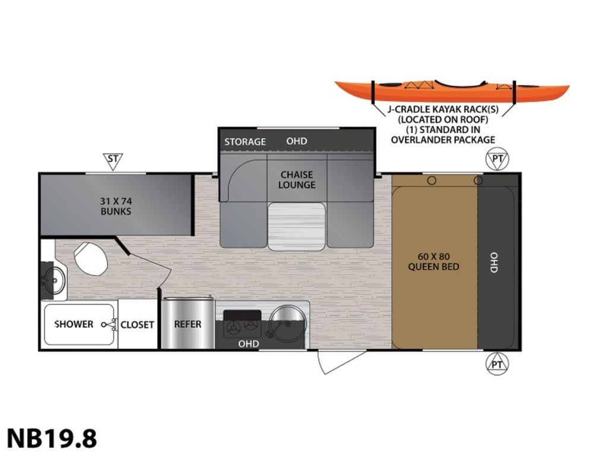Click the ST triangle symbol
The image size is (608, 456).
(113, 161)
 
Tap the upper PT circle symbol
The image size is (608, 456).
(497, 159)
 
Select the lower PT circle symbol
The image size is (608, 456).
(497, 364)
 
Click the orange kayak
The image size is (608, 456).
(452, 91)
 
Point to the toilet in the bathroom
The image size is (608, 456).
(91, 258)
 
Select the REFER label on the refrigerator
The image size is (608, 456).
(188, 324)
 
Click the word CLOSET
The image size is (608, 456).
(137, 325)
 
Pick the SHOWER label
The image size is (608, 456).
(74, 324)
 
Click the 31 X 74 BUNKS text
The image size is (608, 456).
(116, 206)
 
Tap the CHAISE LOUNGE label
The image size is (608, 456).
(297, 180)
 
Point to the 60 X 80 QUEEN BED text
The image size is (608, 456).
(433, 262)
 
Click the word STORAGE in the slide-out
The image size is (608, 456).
(245, 142)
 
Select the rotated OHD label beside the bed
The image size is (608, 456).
(493, 262)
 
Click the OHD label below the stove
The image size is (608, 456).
(249, 344)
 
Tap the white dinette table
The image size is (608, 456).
(297, 226)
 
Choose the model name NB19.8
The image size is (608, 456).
(52, 439)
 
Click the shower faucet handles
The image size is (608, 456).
(110, 325)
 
